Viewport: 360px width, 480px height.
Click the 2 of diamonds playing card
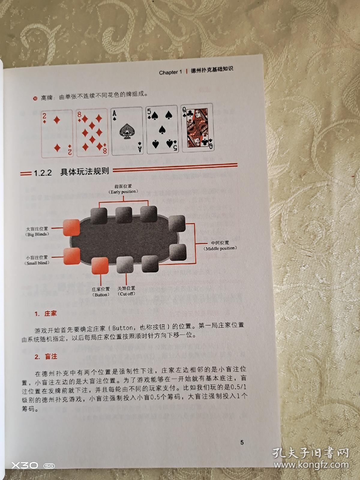pyautogui.click(x=57, y=134)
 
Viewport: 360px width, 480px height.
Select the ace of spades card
pyautogui.click(x=127, y=131)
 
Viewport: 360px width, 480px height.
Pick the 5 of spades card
pyautogui.click(x=162, y=129)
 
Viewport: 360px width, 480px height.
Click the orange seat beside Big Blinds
pyautogui.click(x=71, y=228)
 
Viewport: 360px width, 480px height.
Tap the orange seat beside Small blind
pyautogui.click(x=72, y=256)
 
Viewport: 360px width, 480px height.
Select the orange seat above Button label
pyautogui.click(x=100, y=266)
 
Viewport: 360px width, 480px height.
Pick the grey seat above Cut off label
pyautogui.click(x=125, y=265)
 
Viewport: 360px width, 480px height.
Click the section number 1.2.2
pyautogui.click(x=43, y=173)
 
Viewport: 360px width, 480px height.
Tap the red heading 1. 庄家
pyautogui.click(x=46, y=313)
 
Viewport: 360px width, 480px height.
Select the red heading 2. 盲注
pyautogui.click(x=46, y=356)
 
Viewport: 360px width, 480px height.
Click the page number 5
pyautogui.click(x=242, y=442)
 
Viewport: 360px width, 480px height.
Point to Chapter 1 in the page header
pyautogui.click(x=170, y=73)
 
